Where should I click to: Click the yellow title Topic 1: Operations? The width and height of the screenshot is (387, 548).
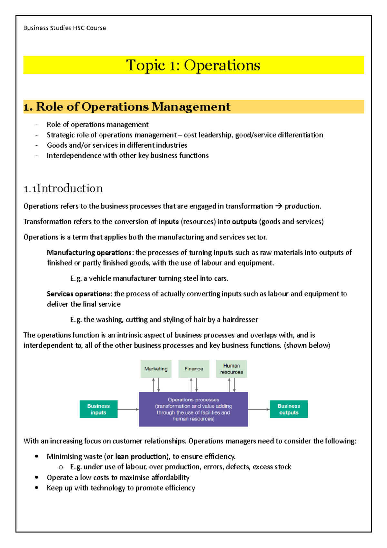[193, 65]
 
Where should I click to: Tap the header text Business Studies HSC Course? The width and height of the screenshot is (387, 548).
[64, 28]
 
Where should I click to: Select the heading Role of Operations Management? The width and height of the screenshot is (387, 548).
[133, 107]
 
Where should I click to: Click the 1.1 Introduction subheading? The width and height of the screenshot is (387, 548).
[63, 188]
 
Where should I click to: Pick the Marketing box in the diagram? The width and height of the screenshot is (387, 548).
[156, 369]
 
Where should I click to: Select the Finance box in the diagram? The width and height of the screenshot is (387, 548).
[193, 369]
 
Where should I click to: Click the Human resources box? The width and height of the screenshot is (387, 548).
[231, 369]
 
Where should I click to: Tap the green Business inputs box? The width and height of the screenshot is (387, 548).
[98, 409]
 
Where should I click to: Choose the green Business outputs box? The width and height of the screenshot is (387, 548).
[289, 409]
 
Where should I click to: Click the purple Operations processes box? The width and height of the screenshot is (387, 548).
[193, 409]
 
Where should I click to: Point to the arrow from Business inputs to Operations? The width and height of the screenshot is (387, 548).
[128, 409]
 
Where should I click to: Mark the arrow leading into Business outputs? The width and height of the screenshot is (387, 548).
[259, 409]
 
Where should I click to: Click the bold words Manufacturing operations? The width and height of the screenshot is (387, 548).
[89, 253]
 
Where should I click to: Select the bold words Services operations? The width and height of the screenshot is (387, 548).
[78, 294]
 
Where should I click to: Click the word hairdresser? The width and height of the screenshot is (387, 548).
[240, 320]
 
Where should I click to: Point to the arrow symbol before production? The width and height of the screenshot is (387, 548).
[279, 206]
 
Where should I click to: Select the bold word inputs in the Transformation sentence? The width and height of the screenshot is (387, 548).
[168, 222]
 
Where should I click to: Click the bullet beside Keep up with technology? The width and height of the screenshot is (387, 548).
[36, 488]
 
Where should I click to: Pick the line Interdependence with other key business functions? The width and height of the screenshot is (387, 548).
[128, 156]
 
